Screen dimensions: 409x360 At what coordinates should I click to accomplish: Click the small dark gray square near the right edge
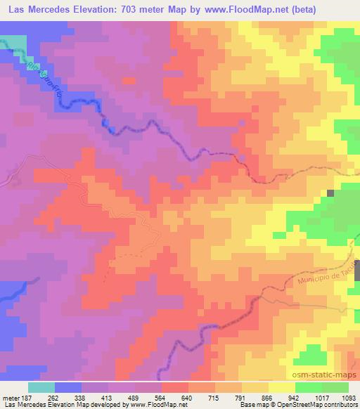[x=330, y=193]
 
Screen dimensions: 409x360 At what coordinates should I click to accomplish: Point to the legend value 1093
[x=349, y=397]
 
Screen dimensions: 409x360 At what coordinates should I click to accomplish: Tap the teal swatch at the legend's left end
[x=41, y=387]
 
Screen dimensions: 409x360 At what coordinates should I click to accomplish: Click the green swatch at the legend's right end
[x=335, y=387]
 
